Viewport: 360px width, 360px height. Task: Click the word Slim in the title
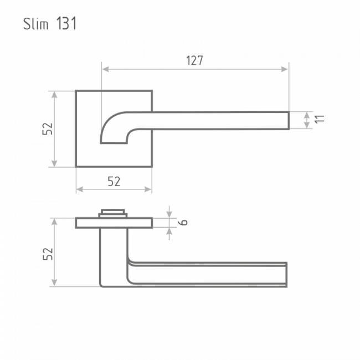(x=35, y=24)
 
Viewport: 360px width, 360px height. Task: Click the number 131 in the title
(x=66, y=23)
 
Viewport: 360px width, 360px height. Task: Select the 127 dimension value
(x=194, y=60)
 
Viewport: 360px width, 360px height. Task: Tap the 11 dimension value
(x=320, y=119)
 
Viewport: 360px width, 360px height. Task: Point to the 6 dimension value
(x=183, y=222)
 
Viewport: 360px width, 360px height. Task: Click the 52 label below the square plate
(x=114, y=181)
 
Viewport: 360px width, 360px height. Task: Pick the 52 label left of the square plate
(x=48, y=129)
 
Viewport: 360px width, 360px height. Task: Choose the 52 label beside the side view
(x=48, y=254)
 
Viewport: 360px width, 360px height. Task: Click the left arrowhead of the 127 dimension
(x=106, y=69)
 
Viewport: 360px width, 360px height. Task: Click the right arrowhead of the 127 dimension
(x=284, y=69)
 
